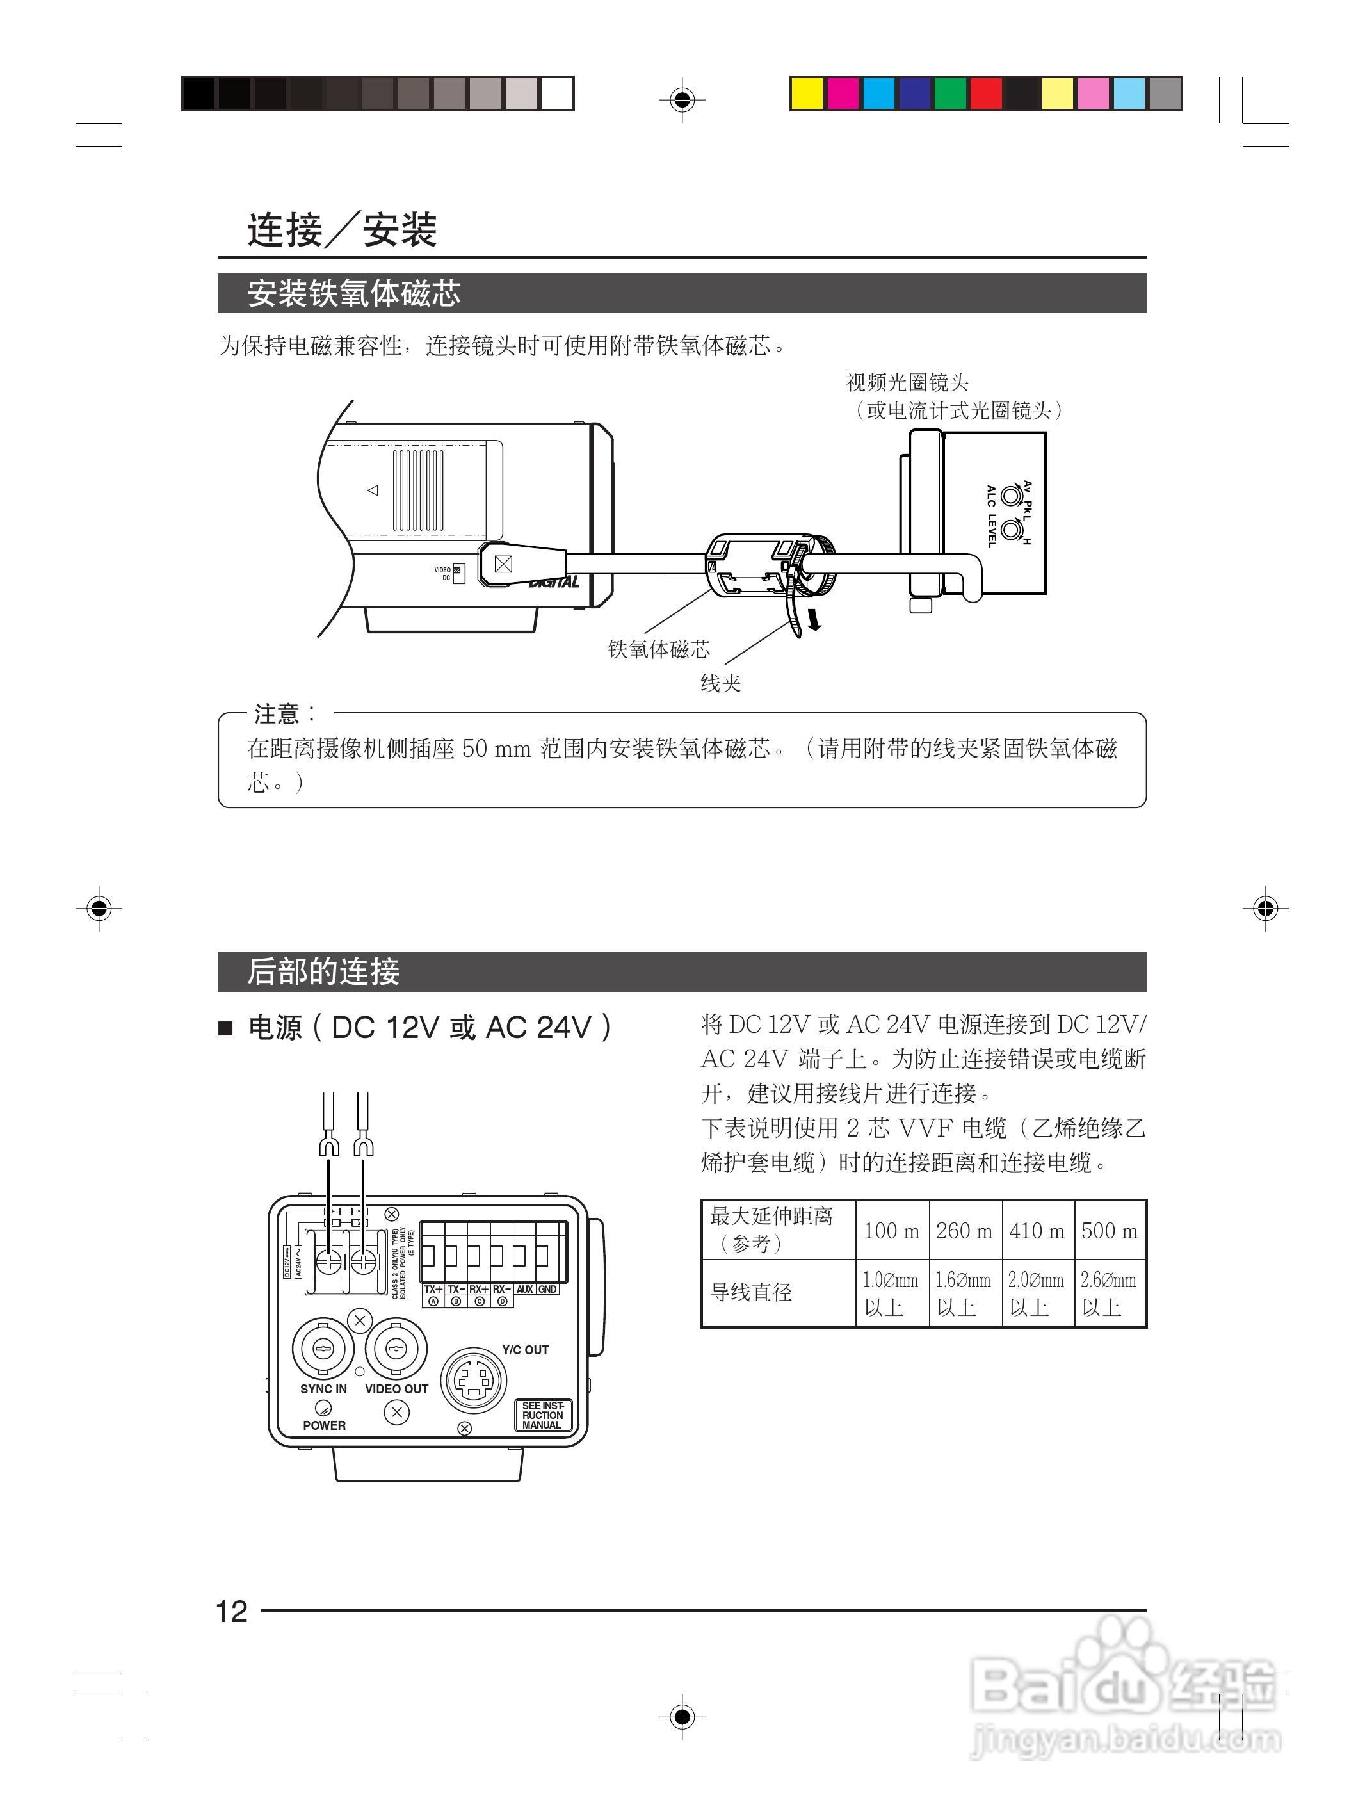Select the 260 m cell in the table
964,1231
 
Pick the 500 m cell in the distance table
1110,1231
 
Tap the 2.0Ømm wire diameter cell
1037,1293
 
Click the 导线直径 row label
751,1293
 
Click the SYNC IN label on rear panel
323,1389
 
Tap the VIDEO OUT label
396,1389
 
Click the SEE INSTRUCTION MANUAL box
542,1415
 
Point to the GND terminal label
547,1289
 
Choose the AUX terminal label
525,1289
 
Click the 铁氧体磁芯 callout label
659,649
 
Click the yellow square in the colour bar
806,93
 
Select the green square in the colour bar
949,93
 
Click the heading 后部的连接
323,972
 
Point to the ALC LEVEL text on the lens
992,516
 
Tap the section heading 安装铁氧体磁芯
354,294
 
